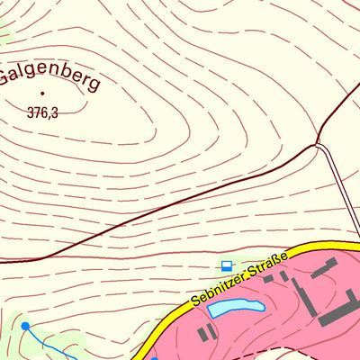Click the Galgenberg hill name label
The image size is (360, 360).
(49, 76)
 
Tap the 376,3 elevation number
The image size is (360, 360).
(42, 112)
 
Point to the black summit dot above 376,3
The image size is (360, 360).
(42, 92)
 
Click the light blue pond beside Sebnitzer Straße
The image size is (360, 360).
(236, 308)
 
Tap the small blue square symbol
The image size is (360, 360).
(227, 265)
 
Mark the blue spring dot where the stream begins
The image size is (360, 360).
(25, 325)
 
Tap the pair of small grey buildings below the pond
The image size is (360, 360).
(208, 332)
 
